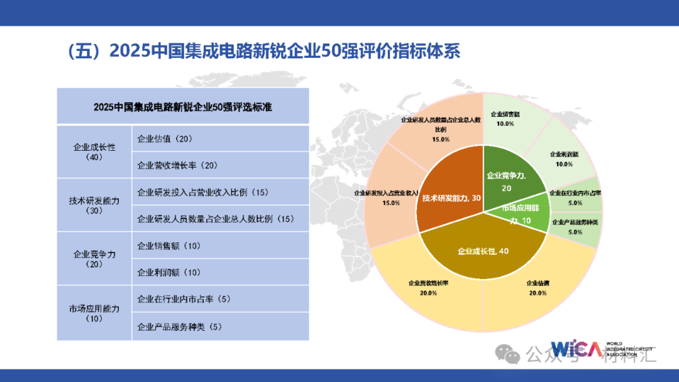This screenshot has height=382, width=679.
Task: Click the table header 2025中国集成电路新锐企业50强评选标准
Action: [x=182, y=106]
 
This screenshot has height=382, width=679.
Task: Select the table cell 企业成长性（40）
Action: [x=94, y=152]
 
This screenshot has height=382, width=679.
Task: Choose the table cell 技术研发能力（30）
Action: [x=94, y=205]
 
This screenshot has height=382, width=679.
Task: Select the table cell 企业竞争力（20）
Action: [x=94, y=259]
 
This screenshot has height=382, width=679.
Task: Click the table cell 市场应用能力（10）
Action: [x=94, y=313]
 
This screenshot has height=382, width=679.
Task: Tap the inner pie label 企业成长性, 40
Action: [x=483, y=251]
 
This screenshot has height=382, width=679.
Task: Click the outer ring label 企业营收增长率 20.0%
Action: [x=429, y=288]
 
